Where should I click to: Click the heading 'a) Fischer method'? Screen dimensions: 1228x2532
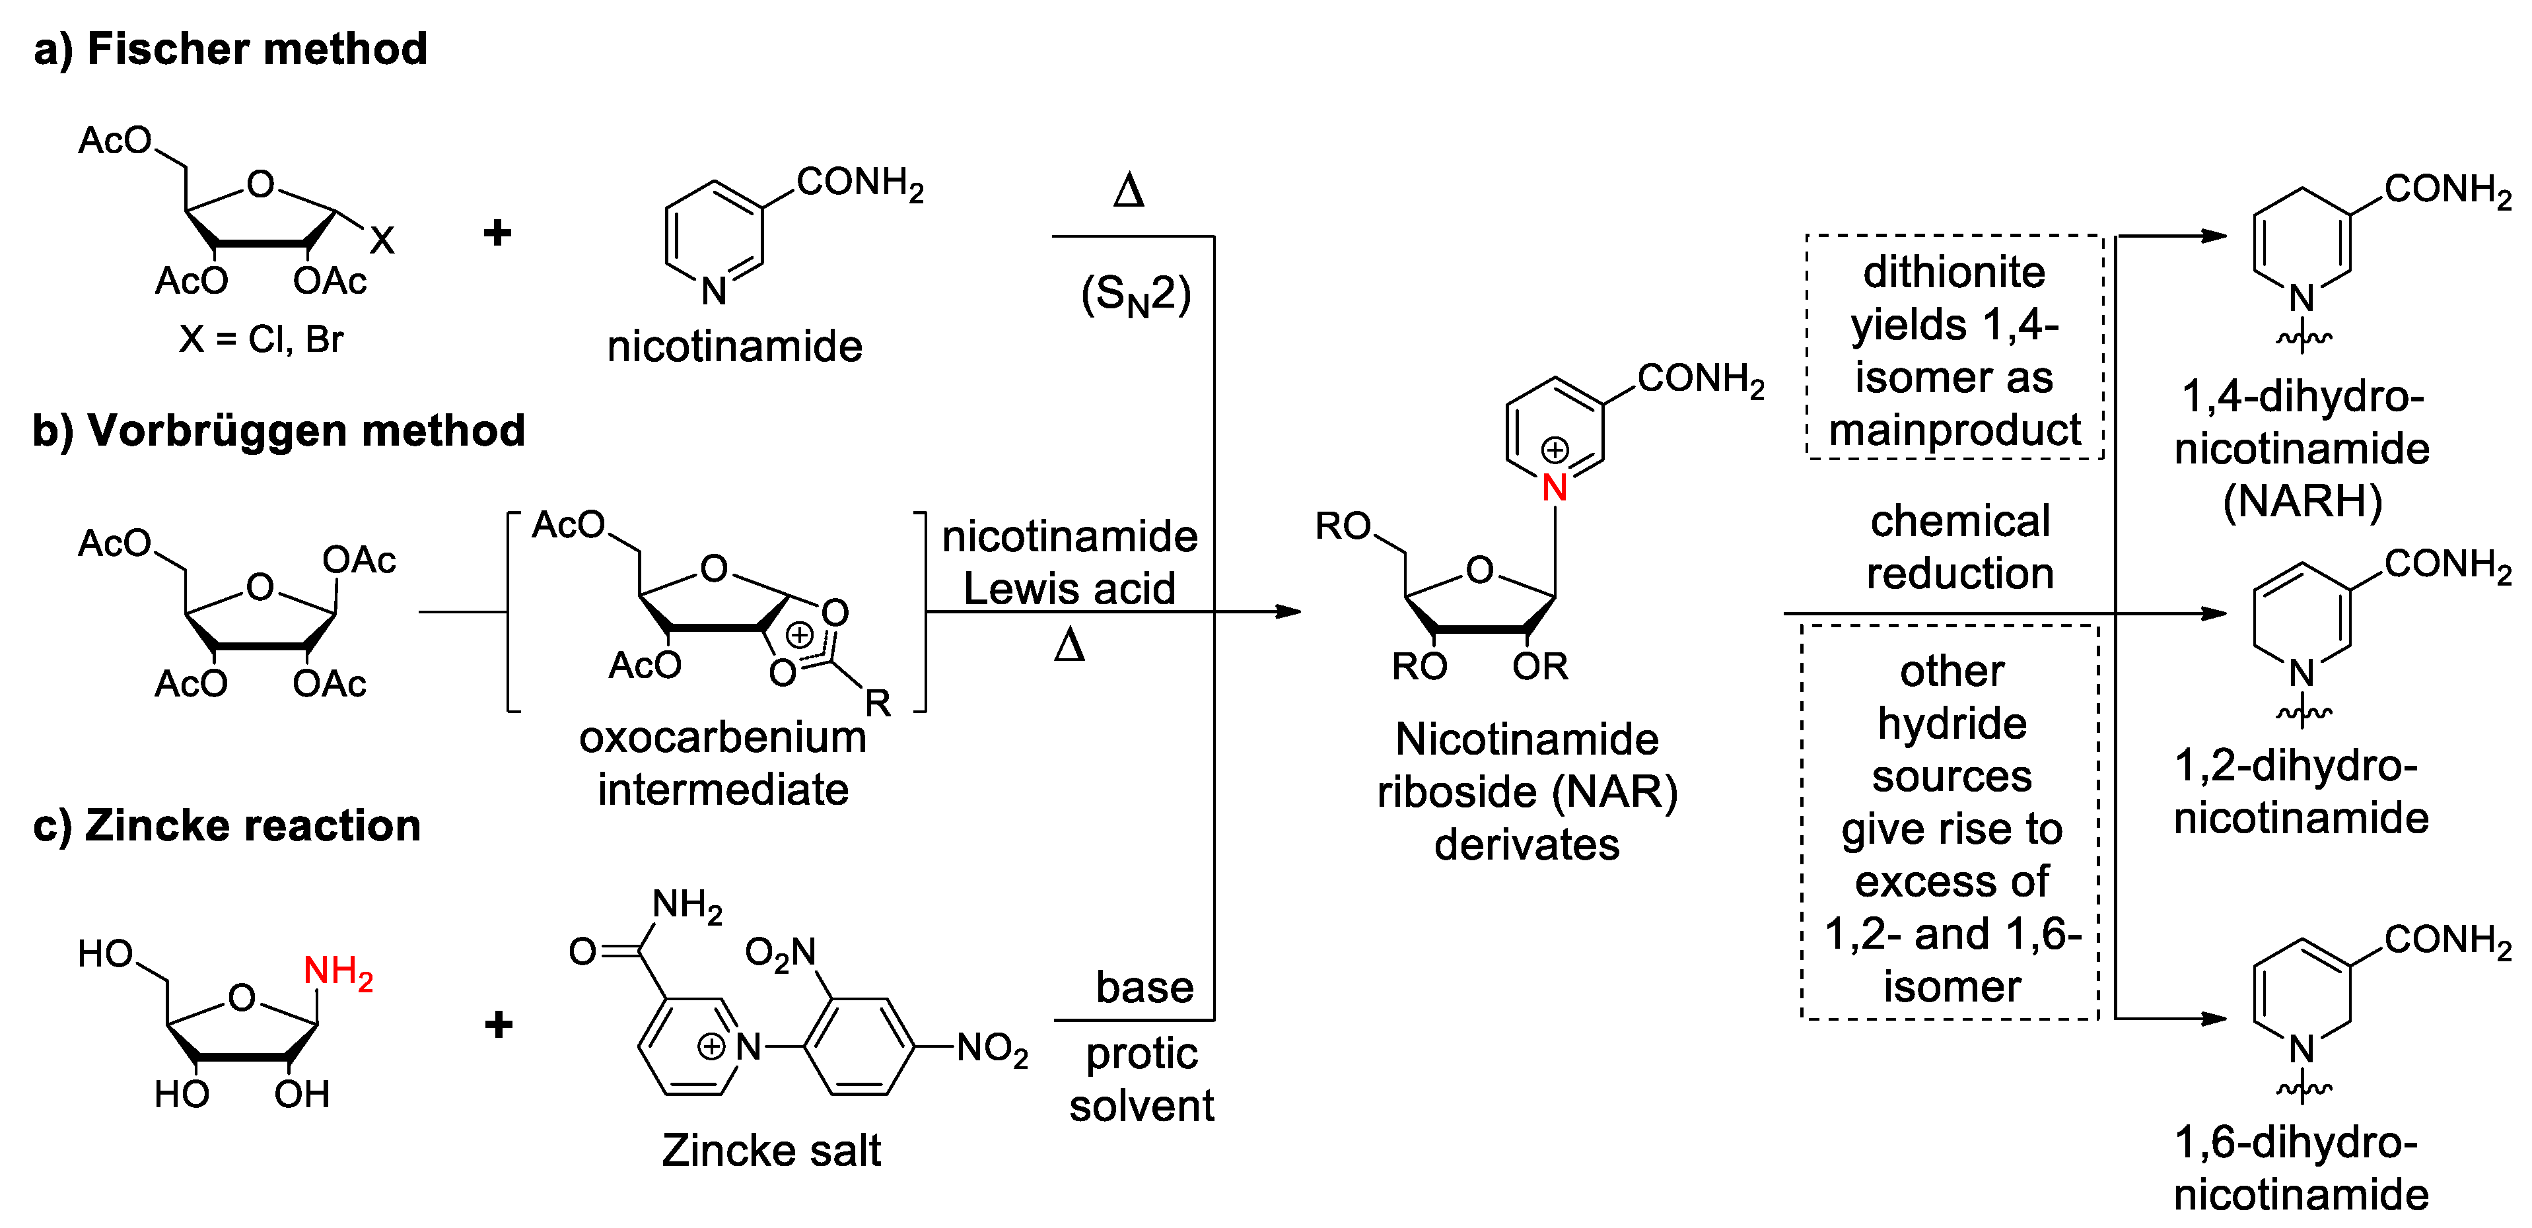[x=230, y=49]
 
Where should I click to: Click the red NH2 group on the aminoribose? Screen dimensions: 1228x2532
[x=337, y=972]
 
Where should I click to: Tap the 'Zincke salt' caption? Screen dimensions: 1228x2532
[x=771, y=1150]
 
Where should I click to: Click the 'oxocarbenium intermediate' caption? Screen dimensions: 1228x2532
[x=722, y=763]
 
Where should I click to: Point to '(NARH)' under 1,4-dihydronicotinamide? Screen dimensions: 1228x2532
[x=2302, y=501]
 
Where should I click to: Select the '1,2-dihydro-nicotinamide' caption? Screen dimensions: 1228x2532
[x=2300, y=792]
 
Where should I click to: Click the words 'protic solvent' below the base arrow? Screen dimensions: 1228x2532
[x=1141, y=1079]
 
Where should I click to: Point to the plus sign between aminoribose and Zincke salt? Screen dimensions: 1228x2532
[x=499, y=1025]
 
